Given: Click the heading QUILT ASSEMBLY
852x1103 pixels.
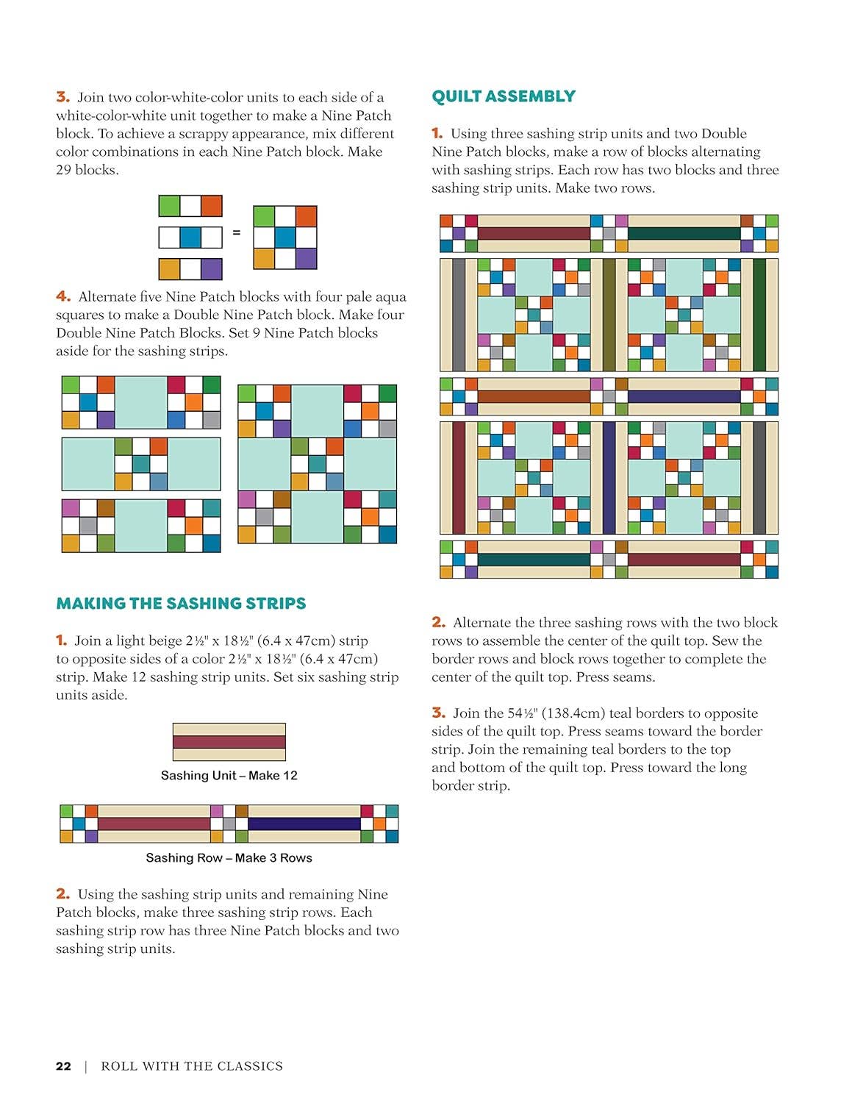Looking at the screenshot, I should point(504,96).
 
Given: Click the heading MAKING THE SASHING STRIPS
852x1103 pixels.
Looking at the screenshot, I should point(181,604).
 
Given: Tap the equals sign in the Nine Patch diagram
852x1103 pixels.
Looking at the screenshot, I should point(237,232).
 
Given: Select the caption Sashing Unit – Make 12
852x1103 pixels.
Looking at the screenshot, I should point(229,775).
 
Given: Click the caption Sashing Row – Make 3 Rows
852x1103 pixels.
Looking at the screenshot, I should point(229,857).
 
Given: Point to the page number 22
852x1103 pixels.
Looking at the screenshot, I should point(63,1065).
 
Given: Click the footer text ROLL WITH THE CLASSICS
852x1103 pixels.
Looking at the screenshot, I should point(192,1065).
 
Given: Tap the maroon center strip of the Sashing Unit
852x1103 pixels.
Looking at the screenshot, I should point(229,742).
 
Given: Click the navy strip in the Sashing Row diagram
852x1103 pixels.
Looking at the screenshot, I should point(304,824).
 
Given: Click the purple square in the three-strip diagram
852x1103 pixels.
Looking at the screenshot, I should point(211,269).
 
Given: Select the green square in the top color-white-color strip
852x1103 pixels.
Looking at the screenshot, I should point(169,206).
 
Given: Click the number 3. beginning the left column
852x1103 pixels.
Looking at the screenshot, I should point(62,97).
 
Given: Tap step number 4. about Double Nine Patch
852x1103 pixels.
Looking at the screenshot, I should point(63,296).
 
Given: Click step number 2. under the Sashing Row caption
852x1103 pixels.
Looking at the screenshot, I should point(62,894).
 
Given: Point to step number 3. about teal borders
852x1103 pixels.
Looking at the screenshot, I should point(439,713).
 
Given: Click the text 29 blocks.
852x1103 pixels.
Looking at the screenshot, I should point(87,170).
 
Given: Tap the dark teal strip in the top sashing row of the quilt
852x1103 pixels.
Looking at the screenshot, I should point(684,234).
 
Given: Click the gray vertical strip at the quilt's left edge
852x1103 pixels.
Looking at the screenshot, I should point(459,315).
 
